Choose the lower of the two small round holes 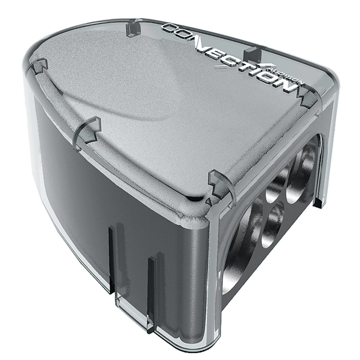273,225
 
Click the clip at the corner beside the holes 221,186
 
